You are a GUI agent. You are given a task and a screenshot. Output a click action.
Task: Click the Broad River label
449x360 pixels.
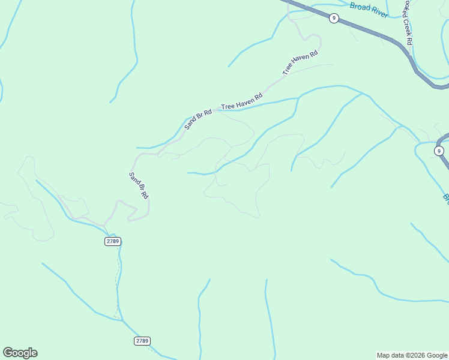369,10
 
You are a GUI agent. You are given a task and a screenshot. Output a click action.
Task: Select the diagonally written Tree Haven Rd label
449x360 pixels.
300,64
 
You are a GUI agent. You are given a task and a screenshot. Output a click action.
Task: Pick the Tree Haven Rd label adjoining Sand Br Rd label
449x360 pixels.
242,101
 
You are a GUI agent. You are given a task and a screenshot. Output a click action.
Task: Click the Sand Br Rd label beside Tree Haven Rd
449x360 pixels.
198,119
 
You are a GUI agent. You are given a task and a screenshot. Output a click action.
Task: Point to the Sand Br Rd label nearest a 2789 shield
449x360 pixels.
139,185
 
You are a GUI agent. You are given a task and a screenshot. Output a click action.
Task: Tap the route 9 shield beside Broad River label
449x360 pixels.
334,18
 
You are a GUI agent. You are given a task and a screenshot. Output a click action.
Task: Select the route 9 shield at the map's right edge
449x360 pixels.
439,151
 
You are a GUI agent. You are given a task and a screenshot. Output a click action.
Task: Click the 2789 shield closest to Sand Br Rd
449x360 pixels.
112,241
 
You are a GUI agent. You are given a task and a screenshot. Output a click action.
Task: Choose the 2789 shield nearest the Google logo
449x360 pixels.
142,341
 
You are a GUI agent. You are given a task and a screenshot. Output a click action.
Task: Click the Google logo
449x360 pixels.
20,353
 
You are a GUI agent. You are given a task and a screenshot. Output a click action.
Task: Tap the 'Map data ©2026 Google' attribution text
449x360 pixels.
412,355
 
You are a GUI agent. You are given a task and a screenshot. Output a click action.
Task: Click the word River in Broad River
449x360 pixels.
378,12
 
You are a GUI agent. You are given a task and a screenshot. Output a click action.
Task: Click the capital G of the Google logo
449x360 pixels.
8,353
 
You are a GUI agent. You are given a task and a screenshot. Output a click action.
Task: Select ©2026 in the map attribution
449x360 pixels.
417,355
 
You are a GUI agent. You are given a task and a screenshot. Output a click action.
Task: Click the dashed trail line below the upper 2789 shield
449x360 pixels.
116,282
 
